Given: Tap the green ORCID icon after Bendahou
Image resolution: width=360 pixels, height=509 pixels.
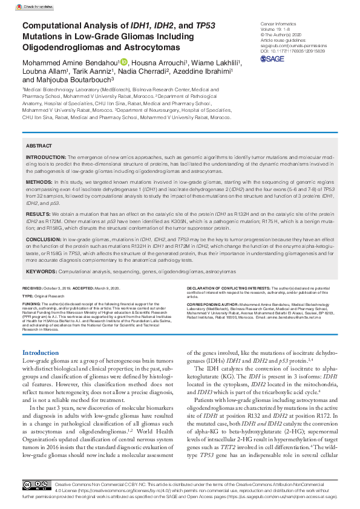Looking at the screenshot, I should pos(124,62).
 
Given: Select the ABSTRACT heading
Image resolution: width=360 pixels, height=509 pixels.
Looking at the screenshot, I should pos(38,147).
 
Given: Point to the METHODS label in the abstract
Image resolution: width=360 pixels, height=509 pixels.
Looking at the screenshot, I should pos(39,181).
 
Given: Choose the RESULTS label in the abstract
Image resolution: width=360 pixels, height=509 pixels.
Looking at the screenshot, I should pos(38,214).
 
